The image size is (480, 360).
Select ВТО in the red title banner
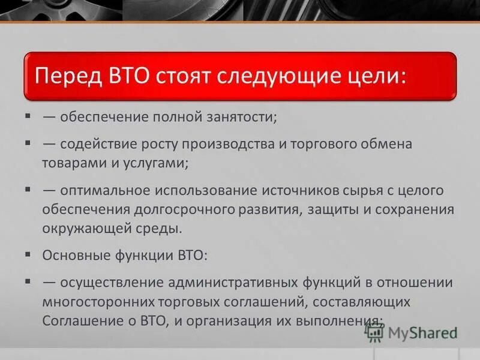[131, 77]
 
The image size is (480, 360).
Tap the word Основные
[73, 256]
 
